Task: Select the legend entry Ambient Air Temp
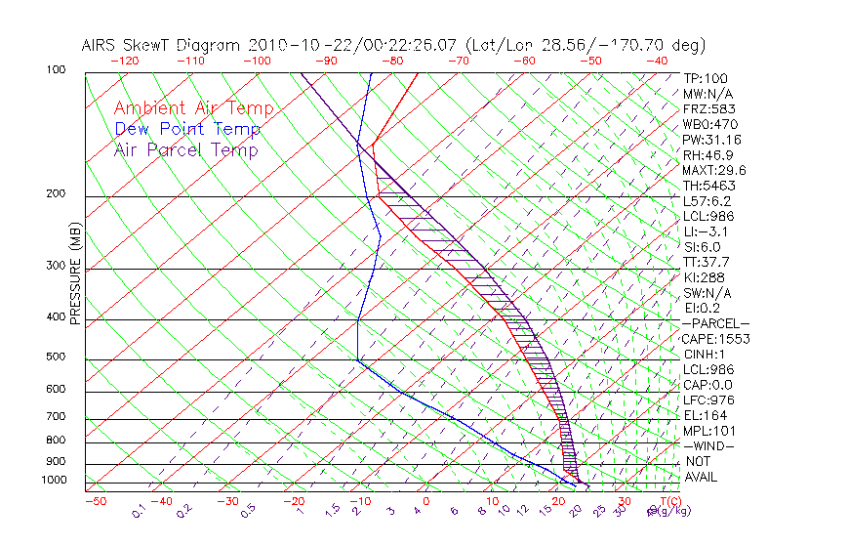(193, 108)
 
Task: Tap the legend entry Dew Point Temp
(187, 129)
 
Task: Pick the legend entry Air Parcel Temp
(186, 149)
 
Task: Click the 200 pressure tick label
(58, 194)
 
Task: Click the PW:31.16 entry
(709, 140)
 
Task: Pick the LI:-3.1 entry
(705, 231)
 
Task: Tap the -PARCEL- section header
(715, 323)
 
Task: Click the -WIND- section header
(708, 445)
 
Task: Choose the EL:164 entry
(704, 415)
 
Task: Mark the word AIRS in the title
(102, 45)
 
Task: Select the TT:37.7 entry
(706, 262)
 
